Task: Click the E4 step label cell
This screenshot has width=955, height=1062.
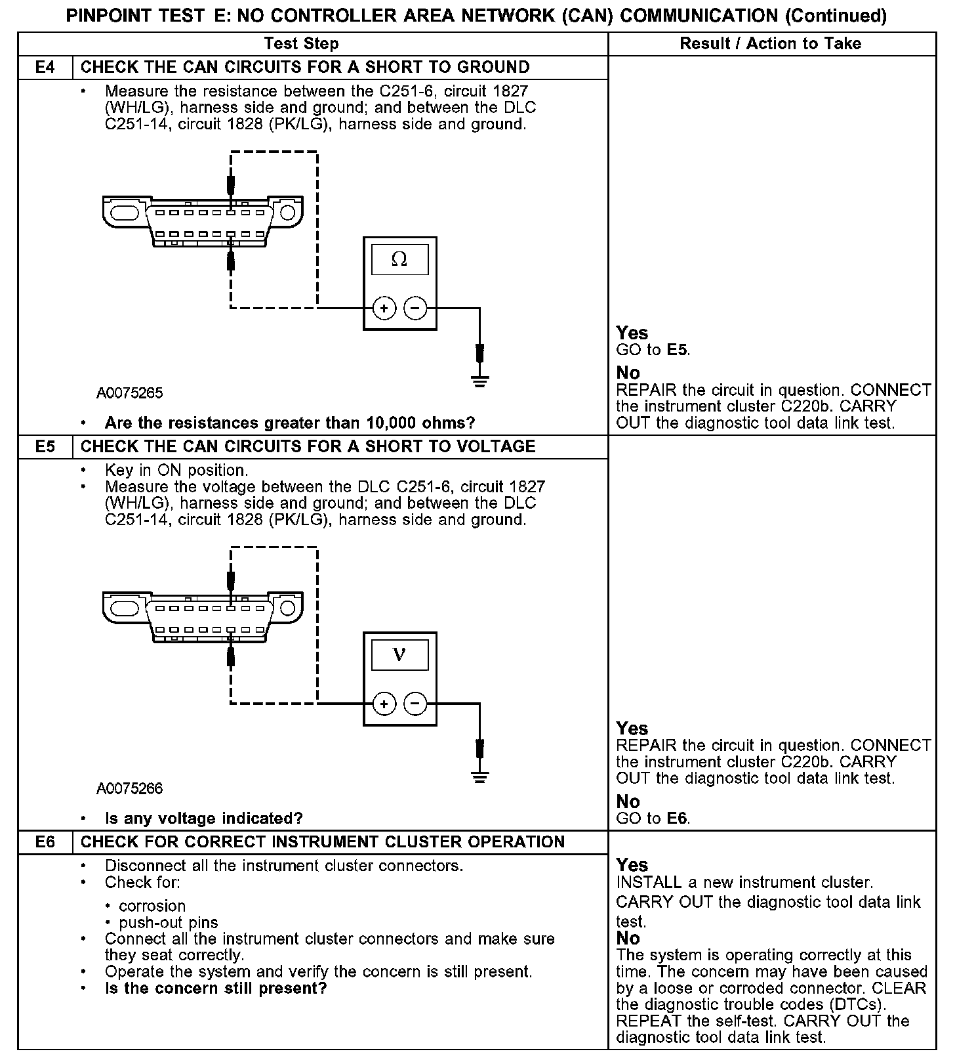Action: click(45, 68)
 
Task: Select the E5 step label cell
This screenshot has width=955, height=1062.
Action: click(45, 447)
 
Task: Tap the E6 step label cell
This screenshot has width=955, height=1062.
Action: click(45, 842)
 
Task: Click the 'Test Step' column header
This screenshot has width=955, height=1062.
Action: click(301, 44)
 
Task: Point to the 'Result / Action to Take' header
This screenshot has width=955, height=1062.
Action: click(771, 44)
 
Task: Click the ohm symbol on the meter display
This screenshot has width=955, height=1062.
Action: click(399, 260)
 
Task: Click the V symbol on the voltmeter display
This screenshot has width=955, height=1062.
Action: click(399, 655)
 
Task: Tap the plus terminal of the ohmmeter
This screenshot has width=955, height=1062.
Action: click(384, 308)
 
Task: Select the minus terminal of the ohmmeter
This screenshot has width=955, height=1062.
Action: click(415, 308)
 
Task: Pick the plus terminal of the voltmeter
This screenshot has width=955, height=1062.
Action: click(384, 704)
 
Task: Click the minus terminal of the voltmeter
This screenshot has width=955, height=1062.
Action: click(415, 704)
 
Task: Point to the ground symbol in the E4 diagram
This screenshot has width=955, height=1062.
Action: click(480, 381)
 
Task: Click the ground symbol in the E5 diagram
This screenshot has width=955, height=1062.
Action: click(480, 777)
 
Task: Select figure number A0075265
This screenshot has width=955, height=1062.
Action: click(130, 394)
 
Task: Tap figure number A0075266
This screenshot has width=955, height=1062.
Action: click(130, 789)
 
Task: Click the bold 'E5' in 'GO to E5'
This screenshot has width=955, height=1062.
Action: click(678, 350)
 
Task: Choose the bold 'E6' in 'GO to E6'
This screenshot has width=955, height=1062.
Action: click(678, 818)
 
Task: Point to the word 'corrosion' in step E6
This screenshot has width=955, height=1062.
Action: click(152, 906)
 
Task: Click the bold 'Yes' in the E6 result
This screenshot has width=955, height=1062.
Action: click(632, 865)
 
